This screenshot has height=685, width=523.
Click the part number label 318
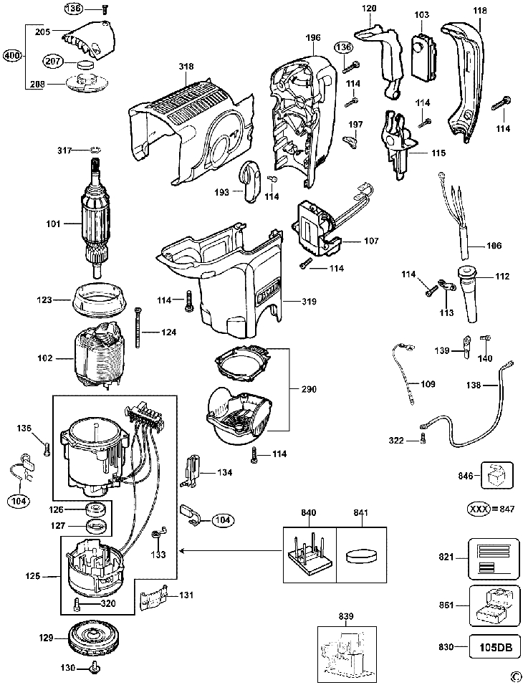tap(186, 65)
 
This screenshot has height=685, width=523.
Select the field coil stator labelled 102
tap(101, 357)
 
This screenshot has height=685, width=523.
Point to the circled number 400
tap(12, 56)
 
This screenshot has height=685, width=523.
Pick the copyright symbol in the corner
tap(515, 676)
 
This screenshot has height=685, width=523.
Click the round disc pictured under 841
tap(361, 555)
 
